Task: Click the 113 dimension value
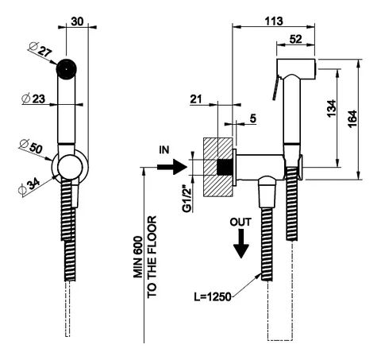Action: coord(274,21)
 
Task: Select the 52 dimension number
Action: coord(295,39)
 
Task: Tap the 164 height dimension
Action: coord(352,119)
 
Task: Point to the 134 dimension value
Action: coord(331,108)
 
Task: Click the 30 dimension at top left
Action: coord(77,21)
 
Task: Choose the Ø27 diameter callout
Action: coord(40,49)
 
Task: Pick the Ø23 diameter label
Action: coord(33,99)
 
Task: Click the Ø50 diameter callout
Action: coord(31,146)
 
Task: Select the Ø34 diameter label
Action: coord(29,186)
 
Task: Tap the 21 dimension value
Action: coord(196,99)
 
